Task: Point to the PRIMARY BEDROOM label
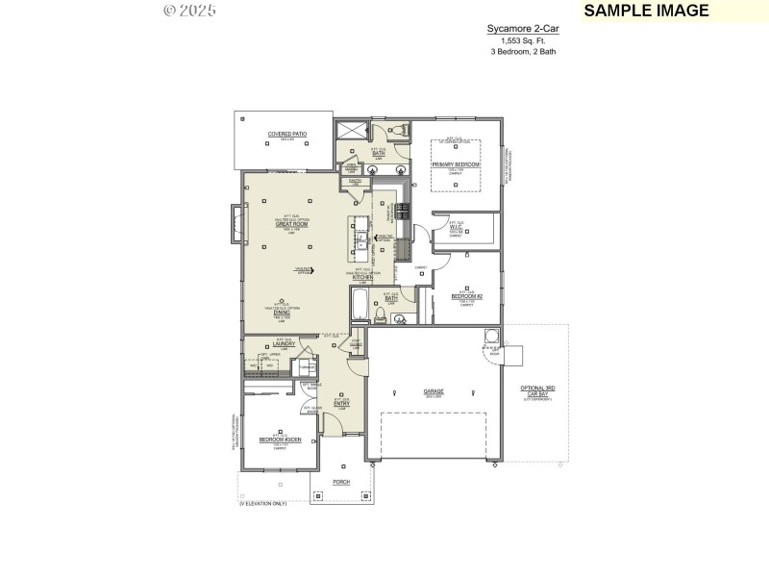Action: [x=456, y=164]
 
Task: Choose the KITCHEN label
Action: [x=362, y=278]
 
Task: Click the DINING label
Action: [x=282, y=312]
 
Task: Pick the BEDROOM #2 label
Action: [x=466, y=297]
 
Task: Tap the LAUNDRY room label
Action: [x=284, y=343]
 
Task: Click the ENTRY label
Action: [x=341, y=404]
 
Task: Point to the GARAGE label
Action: [x=434, y=391]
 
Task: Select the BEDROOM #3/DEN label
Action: [x=280, y=440]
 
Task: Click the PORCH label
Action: [x=341, y=481]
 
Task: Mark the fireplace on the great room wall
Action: [x=234, y=224]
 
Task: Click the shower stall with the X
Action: [x=351, y=132]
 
